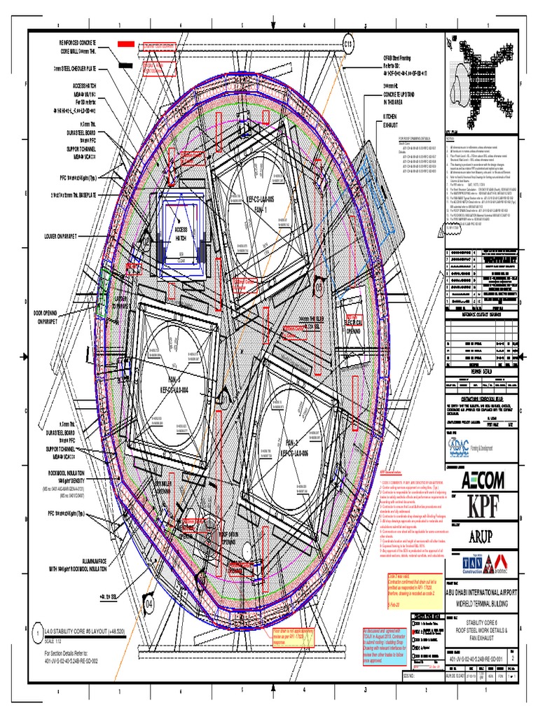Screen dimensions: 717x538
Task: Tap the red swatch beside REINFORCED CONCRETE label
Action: point(125,43)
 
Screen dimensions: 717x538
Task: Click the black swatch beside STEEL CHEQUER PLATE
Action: point(125,65)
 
